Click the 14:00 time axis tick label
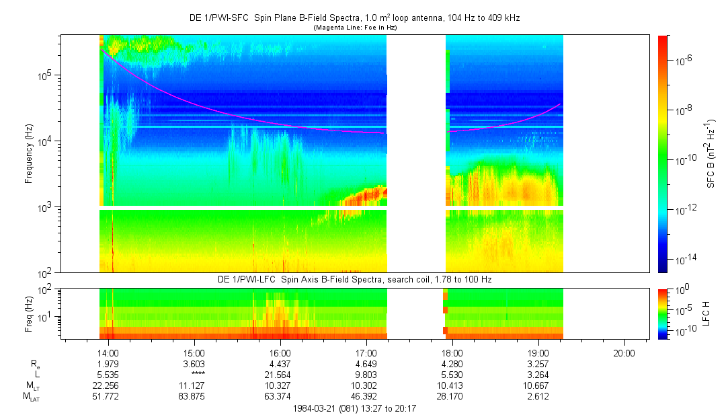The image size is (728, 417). [x=108, y=352]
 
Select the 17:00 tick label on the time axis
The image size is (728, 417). [x=366, y=352]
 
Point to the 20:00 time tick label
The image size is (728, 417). [x=624, y=352]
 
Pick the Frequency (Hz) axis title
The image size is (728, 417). [x=29, y=154]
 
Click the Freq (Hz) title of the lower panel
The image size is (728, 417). [x=29, y=313]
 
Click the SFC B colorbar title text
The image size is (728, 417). [x=711, y=154]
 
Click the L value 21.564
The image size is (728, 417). [x=280, y=375]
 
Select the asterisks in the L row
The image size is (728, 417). [x=194, y=375]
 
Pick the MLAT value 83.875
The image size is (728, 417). [x=194, y=396]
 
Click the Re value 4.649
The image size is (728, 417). [x=366, y=364]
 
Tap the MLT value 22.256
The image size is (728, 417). [x=108, y=385]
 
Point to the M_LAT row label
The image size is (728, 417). [x=31, y=397]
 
